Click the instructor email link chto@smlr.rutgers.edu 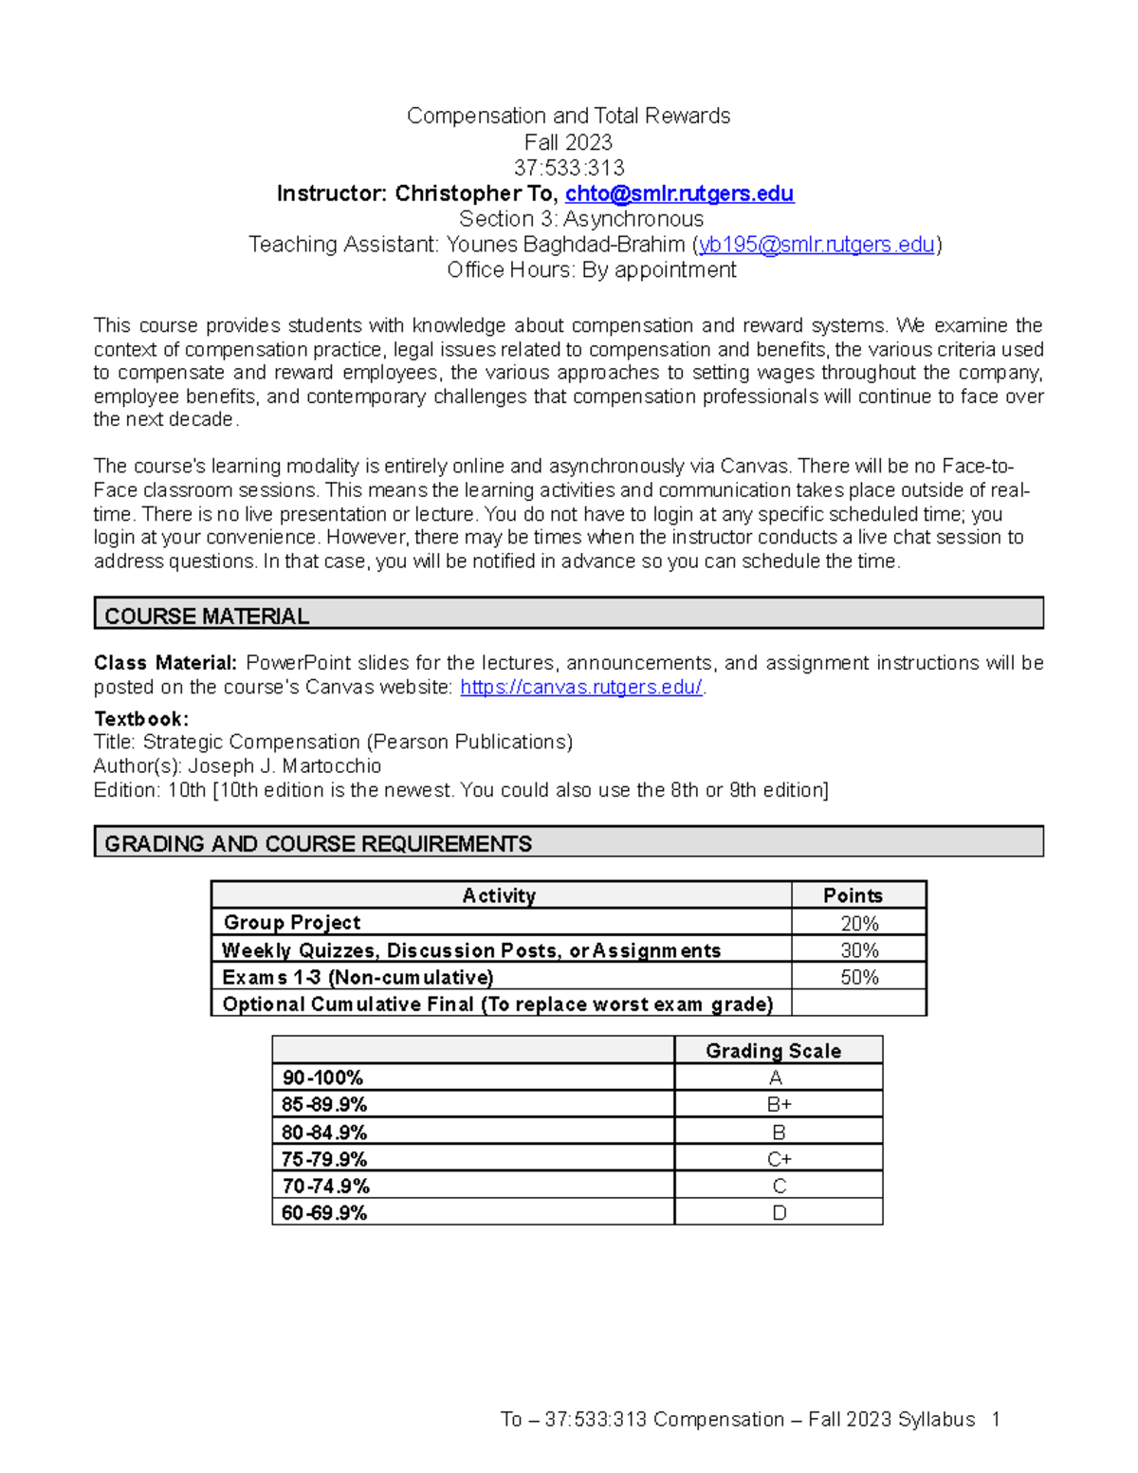pos(679,193)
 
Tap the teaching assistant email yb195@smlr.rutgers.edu pos(817,245)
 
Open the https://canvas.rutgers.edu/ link pos(580,688)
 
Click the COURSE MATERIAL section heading pos(207,617)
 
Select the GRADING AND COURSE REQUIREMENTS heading pos(318,844)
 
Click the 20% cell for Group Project pos(859,923)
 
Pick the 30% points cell pos(859,950)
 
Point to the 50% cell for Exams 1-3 pos(859,977)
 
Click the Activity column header pos(499,895)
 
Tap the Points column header pos(853,895)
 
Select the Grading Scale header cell pos(773,1051)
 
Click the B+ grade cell pos(779,1105)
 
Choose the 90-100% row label pos(322,1077)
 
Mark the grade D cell pos(779,1213)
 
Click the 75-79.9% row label pos(323,1159)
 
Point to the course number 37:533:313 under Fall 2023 pos(569,168)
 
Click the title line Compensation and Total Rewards pos(568,116)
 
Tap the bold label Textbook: pos(141,719)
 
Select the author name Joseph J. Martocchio pos(284,766)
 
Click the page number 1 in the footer pos(995,1420)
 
